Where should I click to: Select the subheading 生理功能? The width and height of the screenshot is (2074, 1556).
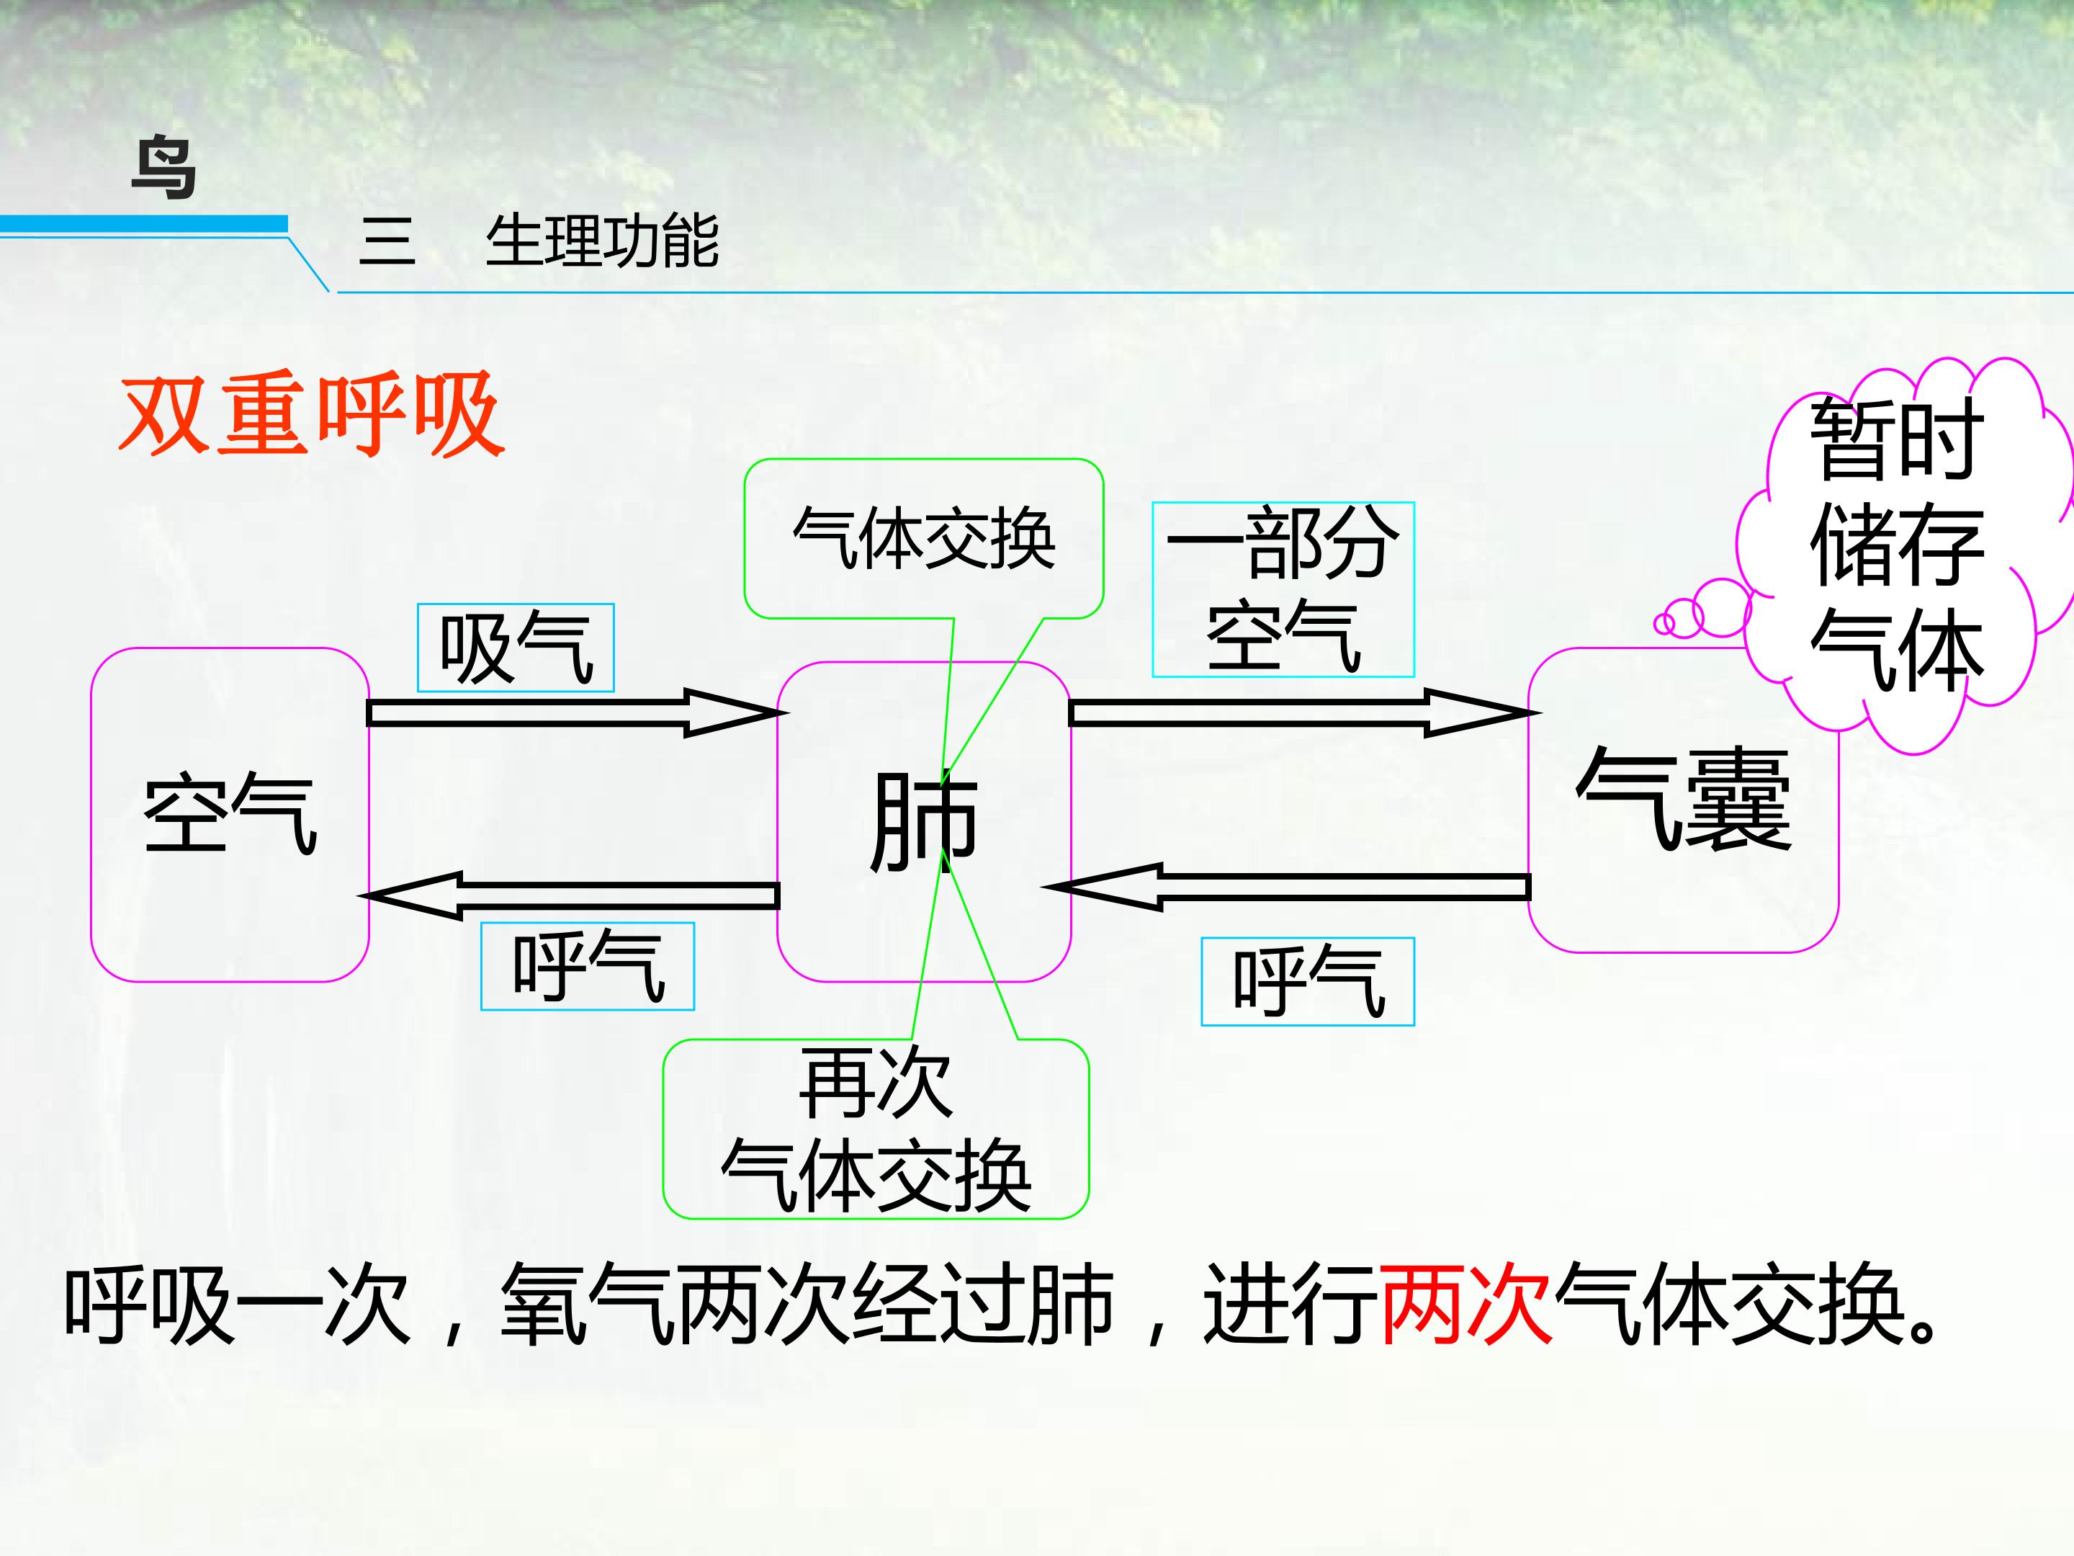click(601, 242)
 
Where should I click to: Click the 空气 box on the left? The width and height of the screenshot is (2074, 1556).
click(230, 813)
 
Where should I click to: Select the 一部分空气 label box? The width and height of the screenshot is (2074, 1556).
click(1282, 589)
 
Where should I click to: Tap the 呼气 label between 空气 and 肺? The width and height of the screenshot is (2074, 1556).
click(587, 966)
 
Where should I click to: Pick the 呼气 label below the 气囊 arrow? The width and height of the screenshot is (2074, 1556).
click(1307, 981)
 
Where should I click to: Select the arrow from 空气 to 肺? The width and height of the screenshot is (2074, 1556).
click(572, 713)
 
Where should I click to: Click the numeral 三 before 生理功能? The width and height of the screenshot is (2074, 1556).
click(386, 242)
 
